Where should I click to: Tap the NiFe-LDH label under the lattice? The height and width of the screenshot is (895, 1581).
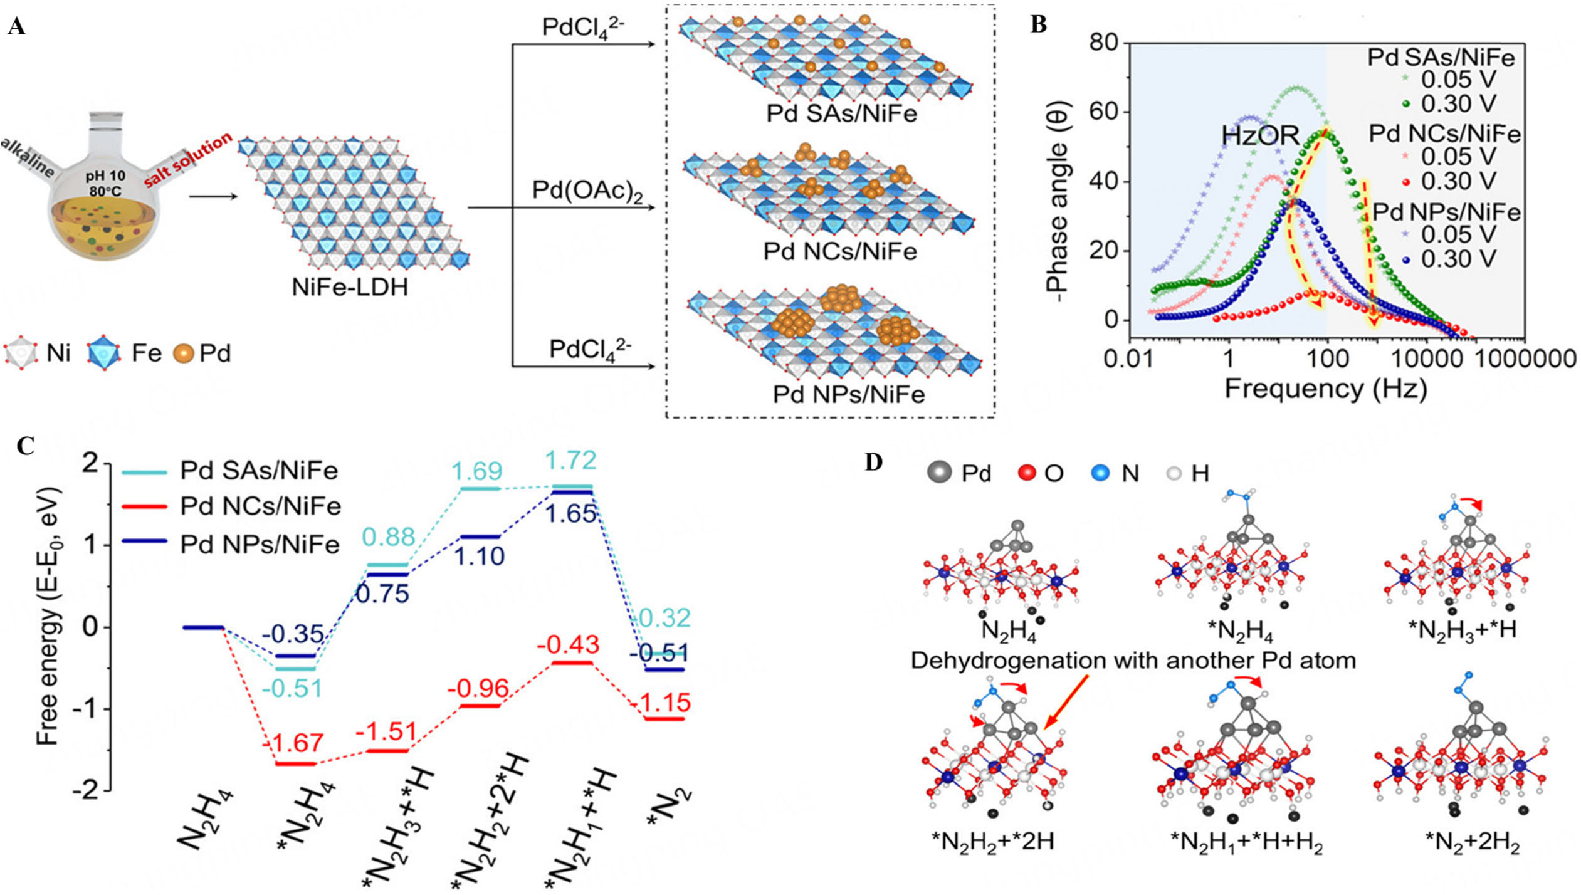350,287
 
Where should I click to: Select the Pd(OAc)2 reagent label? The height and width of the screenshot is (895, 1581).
587,191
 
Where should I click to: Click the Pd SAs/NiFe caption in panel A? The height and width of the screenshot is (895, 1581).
841,114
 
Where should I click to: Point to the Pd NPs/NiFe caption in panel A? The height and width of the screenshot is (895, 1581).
848,394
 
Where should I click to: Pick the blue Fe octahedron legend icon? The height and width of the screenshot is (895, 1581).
104,353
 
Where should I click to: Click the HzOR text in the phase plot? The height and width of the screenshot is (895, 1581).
1260,135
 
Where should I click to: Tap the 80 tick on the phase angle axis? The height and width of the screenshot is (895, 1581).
1103,43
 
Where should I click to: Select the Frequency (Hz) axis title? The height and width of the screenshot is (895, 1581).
1325,389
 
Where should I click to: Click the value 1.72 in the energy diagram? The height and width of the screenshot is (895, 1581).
570,461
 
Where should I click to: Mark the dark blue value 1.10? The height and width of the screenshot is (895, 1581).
479,556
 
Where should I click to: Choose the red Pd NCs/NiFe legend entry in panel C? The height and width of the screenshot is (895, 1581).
260,506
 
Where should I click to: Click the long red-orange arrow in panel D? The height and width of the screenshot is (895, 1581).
1066,702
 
